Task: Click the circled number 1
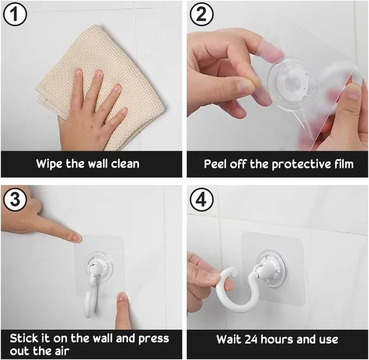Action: [15, 14]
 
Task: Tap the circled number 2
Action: [202, 14]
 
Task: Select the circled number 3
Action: [15, 199]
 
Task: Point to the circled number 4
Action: [202, 199]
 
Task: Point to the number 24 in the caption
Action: [251, 339]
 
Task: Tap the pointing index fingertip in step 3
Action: [77, 237]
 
